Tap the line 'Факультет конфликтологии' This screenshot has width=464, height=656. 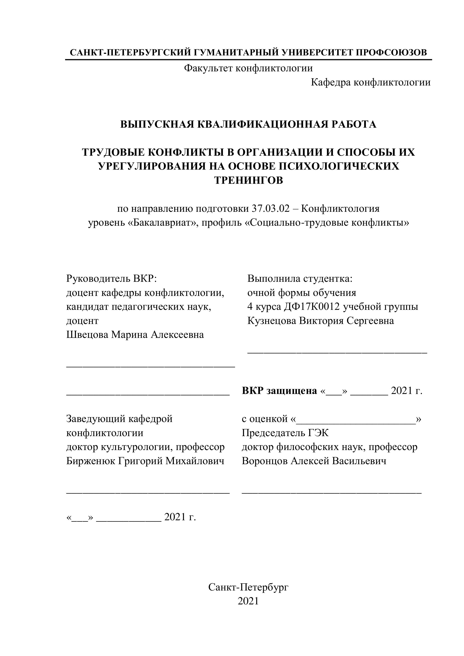tap(248, 68)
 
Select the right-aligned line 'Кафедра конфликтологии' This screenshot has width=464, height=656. tap(371, 82)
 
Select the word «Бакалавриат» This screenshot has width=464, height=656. tap(163, 223)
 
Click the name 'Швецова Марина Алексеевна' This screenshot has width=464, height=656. tap(135, 335)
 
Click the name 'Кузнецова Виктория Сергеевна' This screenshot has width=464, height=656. tap(321, 321)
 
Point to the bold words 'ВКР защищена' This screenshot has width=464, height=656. tap(279, 391)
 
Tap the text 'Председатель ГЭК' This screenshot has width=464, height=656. tap(285, 433)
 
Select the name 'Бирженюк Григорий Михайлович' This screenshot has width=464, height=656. tap(145, 461)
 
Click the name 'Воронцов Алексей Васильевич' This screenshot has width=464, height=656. tap(314, 461)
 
